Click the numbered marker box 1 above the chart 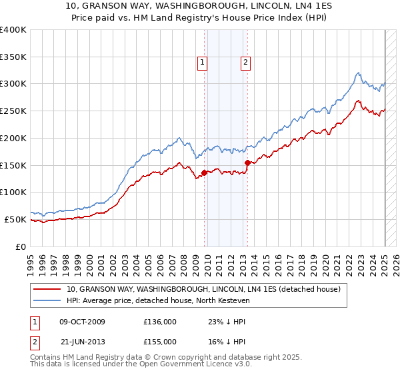pyautogui.click(x=202, y=63)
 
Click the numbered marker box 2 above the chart pyautogui.click(x=245, y=63)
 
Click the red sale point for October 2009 pyautogui.click(x=204, y=173)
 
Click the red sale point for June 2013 pyautogui.click(x=247, y=163)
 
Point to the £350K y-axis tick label pyautogui.click(x=13, y=57)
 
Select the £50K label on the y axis pyautogui.click(x=15, y=219)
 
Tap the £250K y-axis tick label pyautogui.click(x=13, y=111)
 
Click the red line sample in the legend pyautogui.click(x=47, y=289)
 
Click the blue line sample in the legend pyautogui.click(x=47, y=301)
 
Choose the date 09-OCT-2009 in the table pyautogui.click(x=82, y=321)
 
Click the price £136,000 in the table pyautogui.click(x=160, y=321)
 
